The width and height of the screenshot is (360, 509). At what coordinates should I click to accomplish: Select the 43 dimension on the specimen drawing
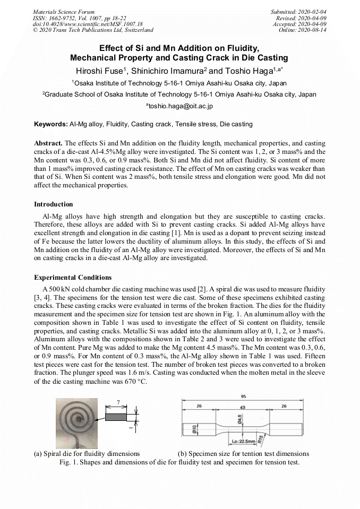[x=242, y=407]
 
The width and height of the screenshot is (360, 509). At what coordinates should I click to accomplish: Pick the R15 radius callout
[x=260, y=438]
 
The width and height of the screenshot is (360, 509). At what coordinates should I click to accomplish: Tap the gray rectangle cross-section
[x=116, y=417]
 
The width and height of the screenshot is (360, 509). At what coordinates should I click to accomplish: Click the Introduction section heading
[x=54, y=204]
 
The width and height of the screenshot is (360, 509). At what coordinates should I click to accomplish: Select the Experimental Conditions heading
[x=73, y=278]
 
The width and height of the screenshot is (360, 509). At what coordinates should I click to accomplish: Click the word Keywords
[x=50, y=124]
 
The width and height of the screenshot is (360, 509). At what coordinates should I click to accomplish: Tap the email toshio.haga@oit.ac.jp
[x=179, y=106]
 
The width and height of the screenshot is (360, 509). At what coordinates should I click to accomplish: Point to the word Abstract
[x=48, y=144]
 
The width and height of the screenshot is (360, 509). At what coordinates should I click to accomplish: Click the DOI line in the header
[x=88, y=24]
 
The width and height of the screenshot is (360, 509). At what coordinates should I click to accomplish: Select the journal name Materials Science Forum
[x=64, y=12]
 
